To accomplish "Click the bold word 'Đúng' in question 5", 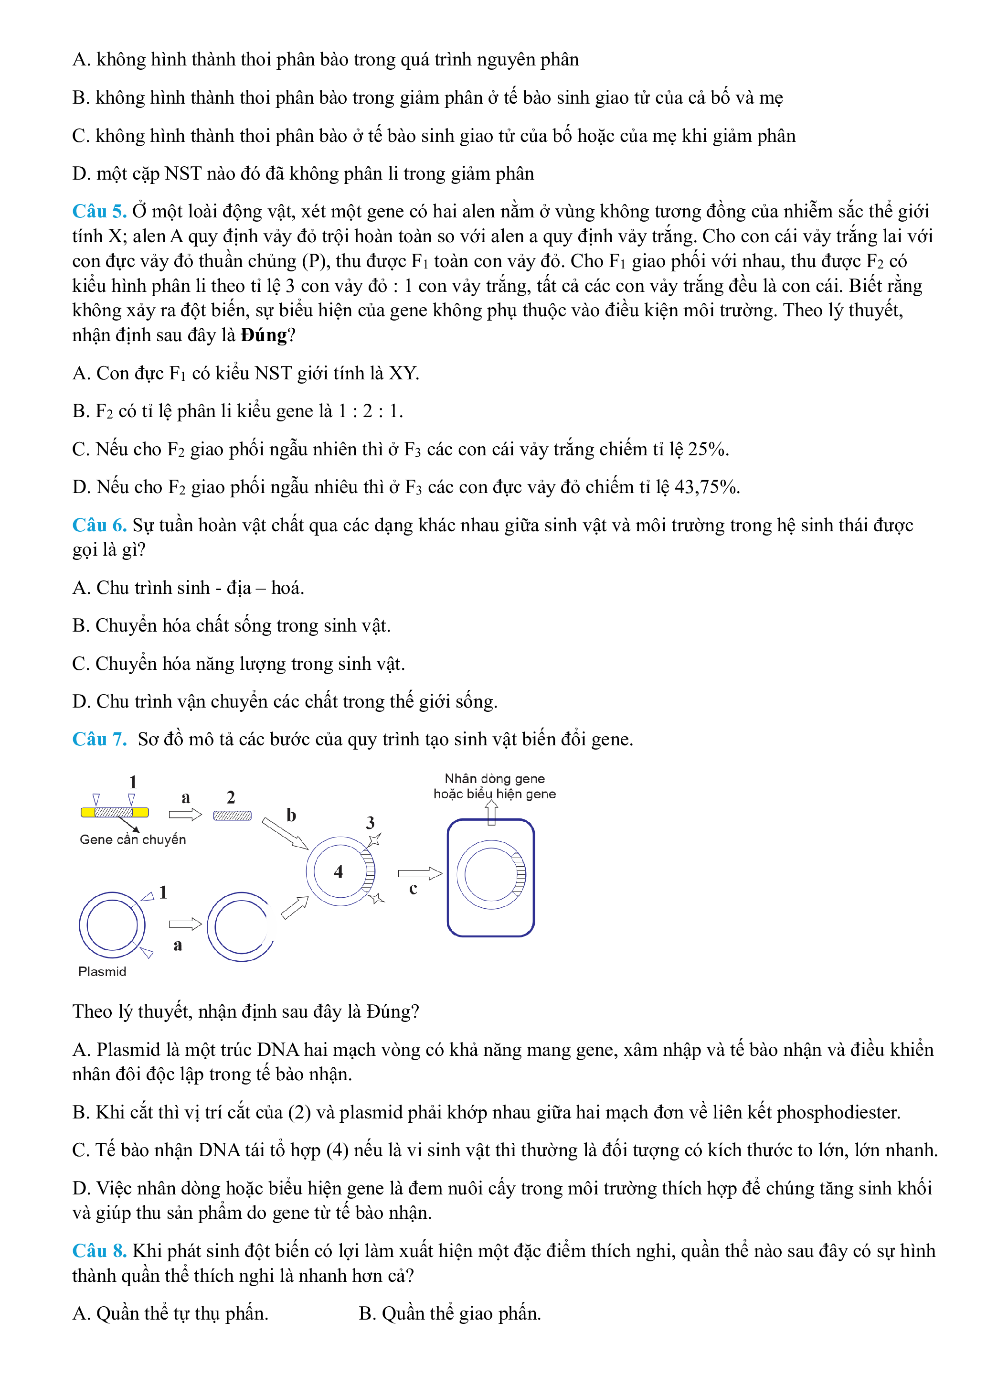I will pyautogui.click(x=263, y=335).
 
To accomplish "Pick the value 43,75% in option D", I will pyautogui.click(x=707, y=487).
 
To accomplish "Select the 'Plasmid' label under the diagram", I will pyautogui.click(x=102, y=972).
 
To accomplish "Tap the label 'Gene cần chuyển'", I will pyautogui.click(x=133, y=839).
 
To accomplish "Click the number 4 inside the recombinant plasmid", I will pyautogui.click(x=339, y=872).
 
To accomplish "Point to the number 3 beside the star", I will pyautogui.click(x=371, y=823).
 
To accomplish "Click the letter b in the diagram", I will pyautogui.click(x=291, y=816).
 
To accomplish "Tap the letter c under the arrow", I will pyautogui.click(x=414, y=889).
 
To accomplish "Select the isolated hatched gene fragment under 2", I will pyautogui.click(x=233, y=816).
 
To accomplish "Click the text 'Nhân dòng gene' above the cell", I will pyautogui.click(x=494, y=779).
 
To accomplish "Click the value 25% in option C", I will pyautogui.click(x=707, y=449).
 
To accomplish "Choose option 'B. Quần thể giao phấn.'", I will pyautogui.click(x=449, y=1314).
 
